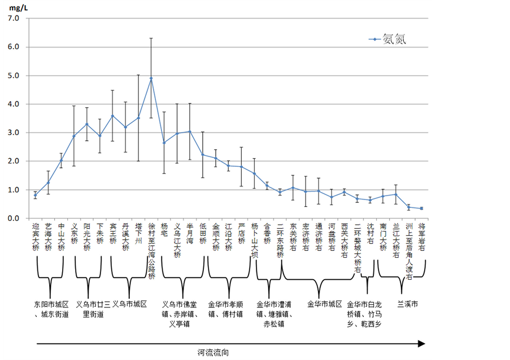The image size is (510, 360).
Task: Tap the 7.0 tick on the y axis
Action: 13,18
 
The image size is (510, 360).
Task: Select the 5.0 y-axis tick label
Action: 13,75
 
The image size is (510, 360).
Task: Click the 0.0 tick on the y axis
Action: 13,218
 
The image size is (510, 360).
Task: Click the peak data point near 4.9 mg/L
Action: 151,78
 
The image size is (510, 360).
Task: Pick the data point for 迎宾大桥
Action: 36,195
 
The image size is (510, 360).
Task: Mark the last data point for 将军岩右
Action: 421,209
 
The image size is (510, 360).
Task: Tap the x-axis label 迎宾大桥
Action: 36,237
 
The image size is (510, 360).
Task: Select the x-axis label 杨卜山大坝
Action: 254,240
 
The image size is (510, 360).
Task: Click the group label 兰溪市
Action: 408,304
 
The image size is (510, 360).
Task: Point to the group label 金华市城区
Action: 325,304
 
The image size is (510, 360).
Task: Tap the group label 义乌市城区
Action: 129,304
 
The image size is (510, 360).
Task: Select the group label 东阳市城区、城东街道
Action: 51,309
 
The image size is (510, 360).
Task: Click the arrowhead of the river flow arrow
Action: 421,343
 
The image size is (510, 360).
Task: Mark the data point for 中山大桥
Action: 61,160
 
